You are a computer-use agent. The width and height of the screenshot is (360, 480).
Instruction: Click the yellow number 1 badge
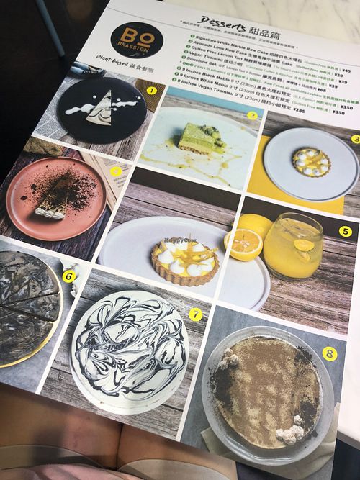click(x=151, y=91)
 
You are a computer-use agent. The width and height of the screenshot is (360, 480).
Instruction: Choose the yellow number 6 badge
click(x=69, y=274)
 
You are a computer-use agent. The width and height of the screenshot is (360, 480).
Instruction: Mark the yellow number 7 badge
click(x=195, y=314)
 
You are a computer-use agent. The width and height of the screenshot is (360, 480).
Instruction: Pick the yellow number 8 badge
click(x=328, y=354)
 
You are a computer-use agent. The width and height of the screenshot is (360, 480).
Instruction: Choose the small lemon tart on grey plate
click(x=310, y=160)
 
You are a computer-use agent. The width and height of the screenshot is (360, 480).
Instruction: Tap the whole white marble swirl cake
click(x=129, y=353)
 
